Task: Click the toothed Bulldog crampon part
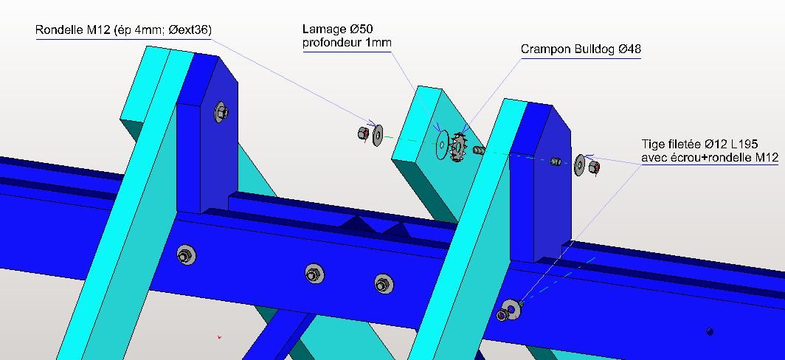457,148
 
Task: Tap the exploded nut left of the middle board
364,134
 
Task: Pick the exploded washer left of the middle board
378,135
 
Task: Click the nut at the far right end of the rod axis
594,167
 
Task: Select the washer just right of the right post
580,165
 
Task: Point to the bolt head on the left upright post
221,111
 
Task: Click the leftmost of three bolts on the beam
186,255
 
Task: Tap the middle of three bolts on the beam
314,274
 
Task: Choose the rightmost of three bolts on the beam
384,284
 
